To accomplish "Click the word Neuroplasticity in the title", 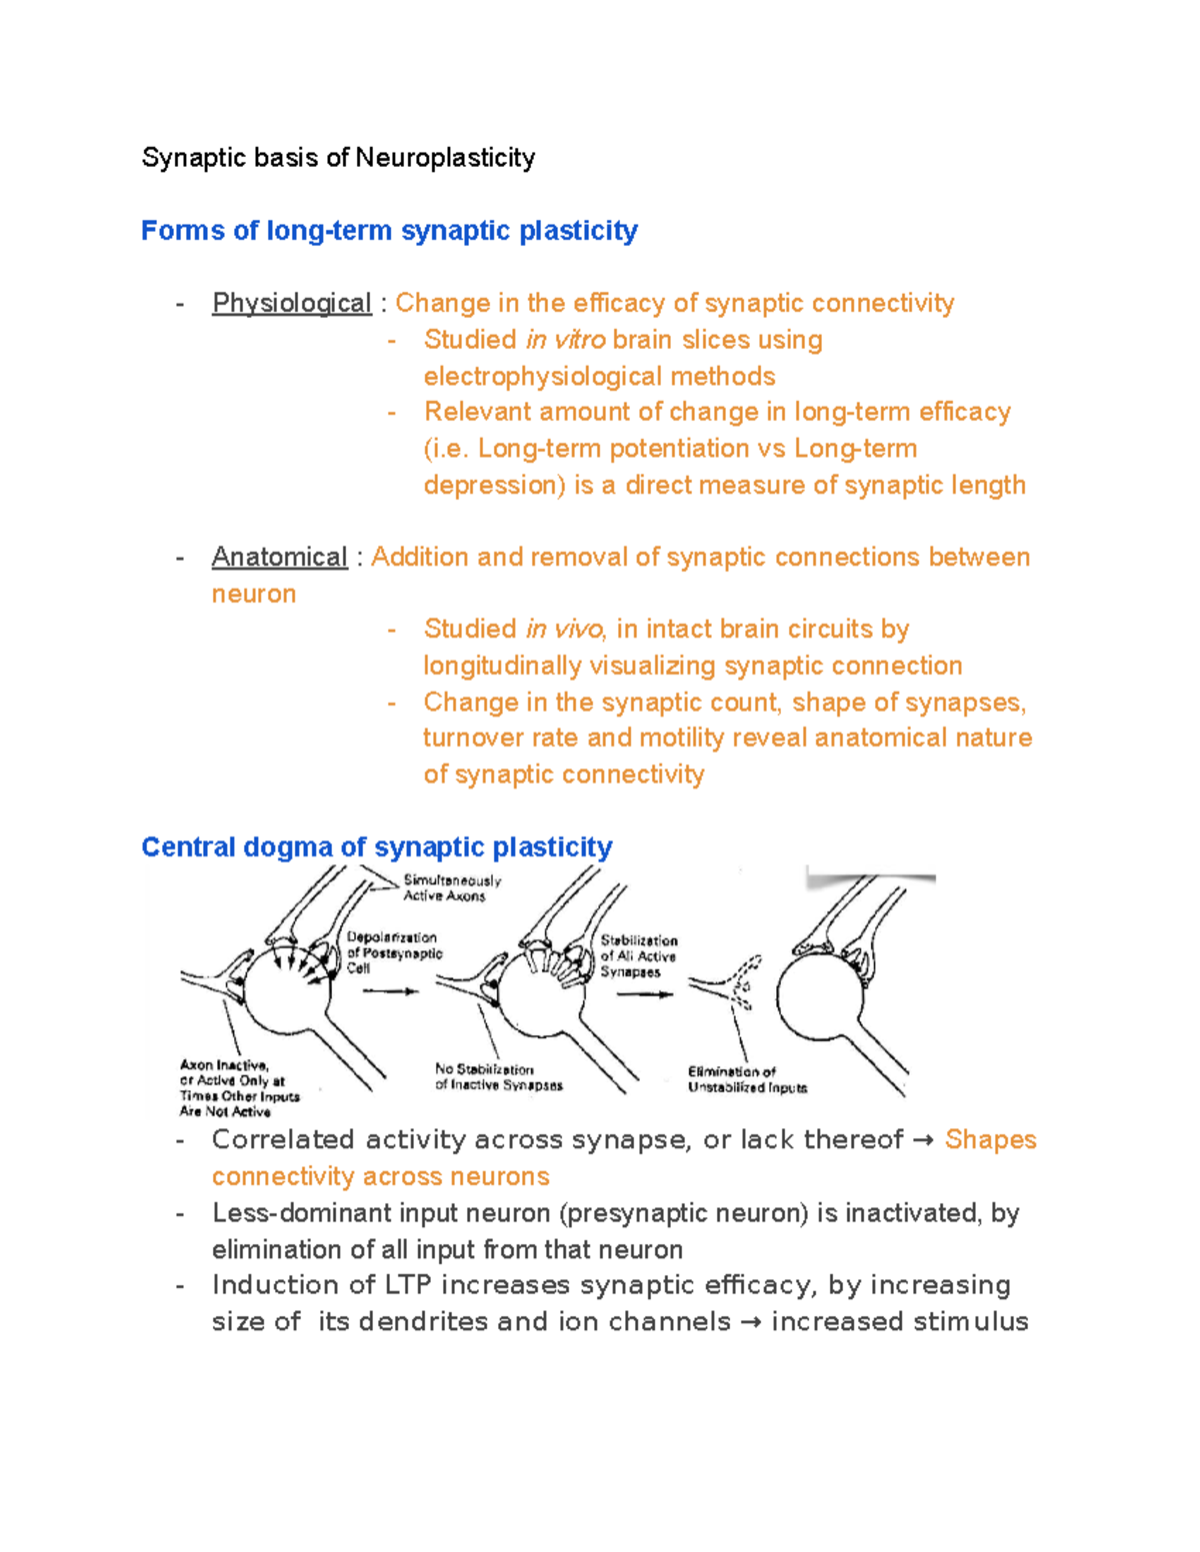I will click(x=445, y=158).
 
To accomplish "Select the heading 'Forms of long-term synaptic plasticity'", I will click(x=389, y=231).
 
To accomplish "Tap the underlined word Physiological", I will click(x=291, y=303).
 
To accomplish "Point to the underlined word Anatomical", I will click(x=279, y=557).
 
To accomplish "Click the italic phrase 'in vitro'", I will click(x=565, y=340).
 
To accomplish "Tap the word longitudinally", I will click(x=502, y=666).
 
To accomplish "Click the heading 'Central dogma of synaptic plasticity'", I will click(x=376, y=847).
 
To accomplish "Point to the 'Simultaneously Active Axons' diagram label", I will click(x=451, y=888).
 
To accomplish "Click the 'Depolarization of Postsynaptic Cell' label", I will click(x=393, y=952).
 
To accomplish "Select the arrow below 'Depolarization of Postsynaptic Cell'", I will click(x=390, y=991).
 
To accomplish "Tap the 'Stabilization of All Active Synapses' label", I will click(x=638, y=955).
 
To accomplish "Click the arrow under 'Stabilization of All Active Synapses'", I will click(x=644, y=994).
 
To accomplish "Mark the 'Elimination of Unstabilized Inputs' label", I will click(x=746, y=1079).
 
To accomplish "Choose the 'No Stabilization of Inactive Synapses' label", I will click(x=498, y=1077).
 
